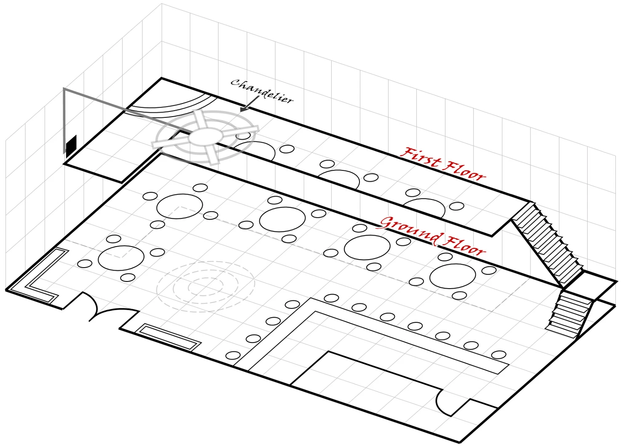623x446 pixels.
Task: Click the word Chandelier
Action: (261, 90)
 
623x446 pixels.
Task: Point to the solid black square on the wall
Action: (71, 145)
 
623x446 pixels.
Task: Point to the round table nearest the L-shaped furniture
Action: (121, 258)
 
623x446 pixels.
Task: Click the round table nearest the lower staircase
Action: (453, 276)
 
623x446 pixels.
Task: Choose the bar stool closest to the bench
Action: (233, 355)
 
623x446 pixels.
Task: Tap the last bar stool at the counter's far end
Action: (499, 355)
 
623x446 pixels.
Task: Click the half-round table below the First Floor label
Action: (424, 208)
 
